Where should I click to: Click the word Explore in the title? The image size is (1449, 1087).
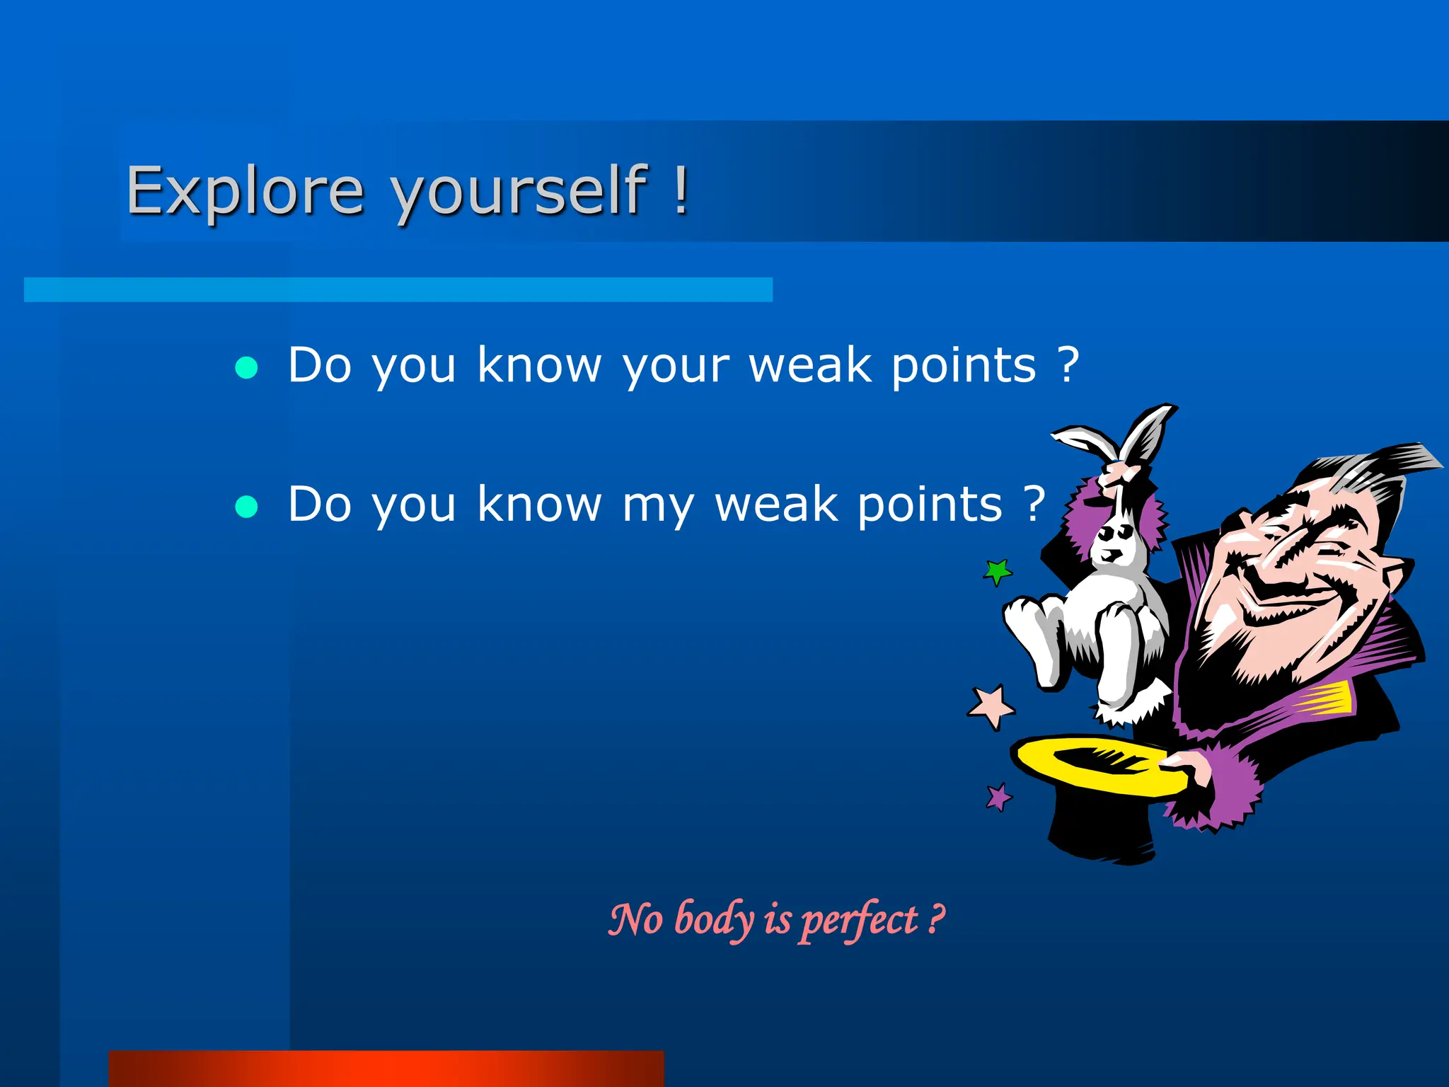pos(245,190)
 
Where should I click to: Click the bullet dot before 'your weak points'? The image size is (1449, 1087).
pos(246,367)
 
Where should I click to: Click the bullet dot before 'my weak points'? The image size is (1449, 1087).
pos(246,507)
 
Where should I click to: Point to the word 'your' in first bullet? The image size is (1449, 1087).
pos(676,367)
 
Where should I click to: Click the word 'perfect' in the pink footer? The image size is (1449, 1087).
pos(859,920)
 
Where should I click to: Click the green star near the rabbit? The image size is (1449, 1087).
pos(998,570)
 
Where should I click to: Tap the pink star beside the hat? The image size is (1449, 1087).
pos(991,706)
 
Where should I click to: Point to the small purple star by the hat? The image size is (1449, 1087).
pos(999,797)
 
